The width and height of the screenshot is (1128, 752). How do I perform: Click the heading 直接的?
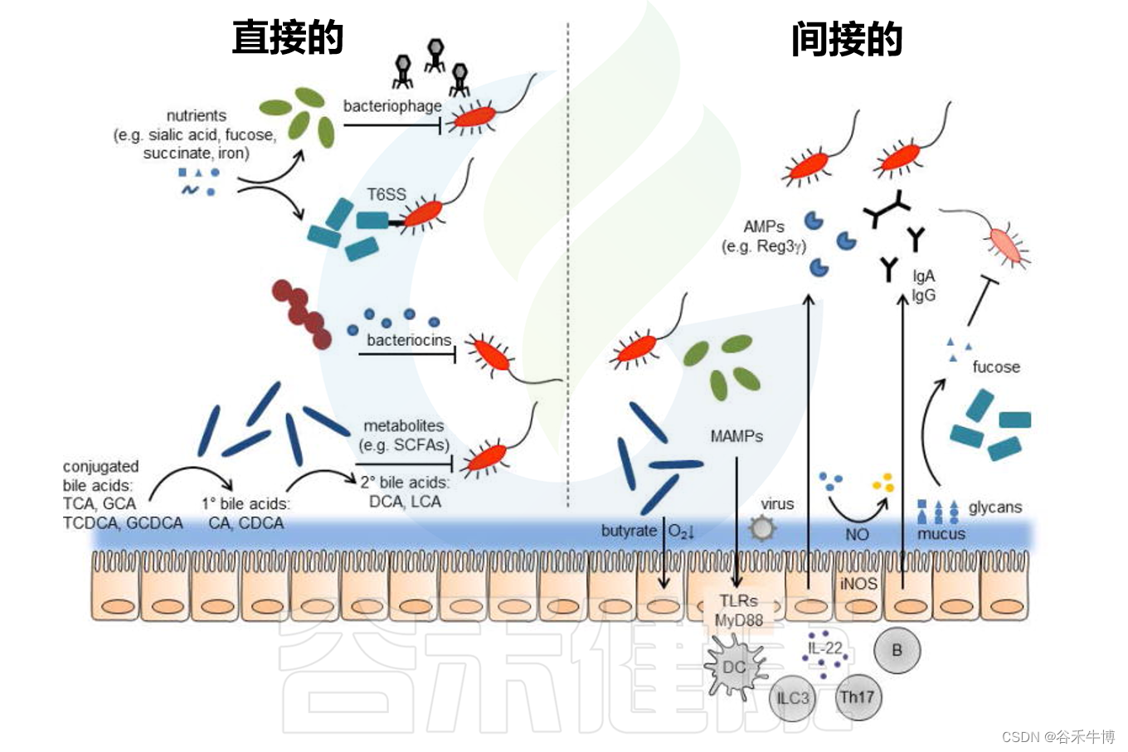click(x=288, y=38)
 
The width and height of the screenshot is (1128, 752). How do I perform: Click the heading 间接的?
click(x=846, y=40)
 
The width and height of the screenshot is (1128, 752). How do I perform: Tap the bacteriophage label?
click(x=392, y=106)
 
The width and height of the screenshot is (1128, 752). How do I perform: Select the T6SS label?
click(x=387, y=195)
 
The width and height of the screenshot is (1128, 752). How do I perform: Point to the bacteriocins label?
click(x=409, y=340)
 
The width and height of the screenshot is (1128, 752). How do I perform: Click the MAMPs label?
click(x=736, y=436)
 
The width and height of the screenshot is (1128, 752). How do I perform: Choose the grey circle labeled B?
click(x=897, y=651)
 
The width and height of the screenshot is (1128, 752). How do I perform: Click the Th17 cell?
click(x=857, y=696)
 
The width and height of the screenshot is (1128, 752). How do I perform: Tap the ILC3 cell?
click(x=792, y=698)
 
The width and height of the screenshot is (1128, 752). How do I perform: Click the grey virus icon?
click(x=762, y=527)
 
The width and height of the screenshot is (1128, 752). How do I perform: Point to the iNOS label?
click(x=858, y=584)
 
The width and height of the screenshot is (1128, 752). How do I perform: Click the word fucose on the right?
click(x=996, y=366)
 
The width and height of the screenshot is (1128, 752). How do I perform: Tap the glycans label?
click(x=995, y=507)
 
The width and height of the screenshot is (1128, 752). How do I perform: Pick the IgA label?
click(x=923, y=276)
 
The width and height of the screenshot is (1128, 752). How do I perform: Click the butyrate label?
click(x=629, y=531)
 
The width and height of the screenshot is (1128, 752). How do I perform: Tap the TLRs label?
click(x=738, y=601)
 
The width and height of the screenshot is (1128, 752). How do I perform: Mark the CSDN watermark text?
click(x=1058, y=736)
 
